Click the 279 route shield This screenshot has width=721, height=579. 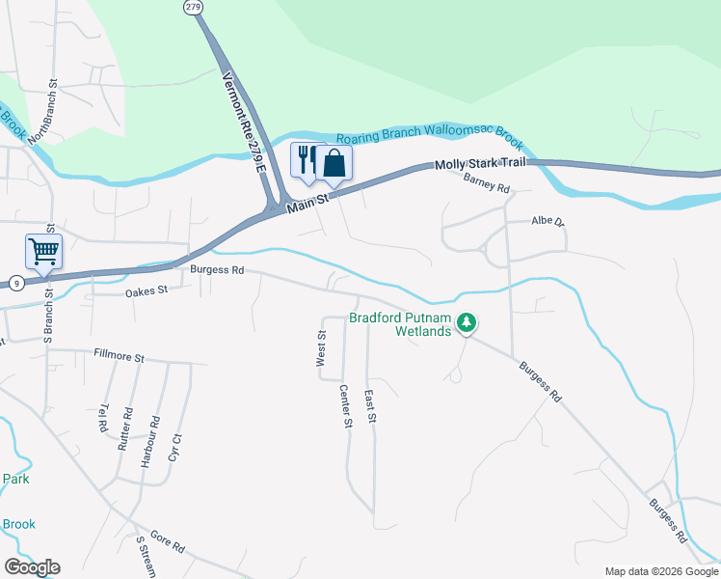(x=194, y=7)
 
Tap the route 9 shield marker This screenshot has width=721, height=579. (x=16, y=282)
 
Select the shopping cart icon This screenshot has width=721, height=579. (x=43, y=252)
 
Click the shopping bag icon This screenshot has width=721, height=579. (x=334, y=162)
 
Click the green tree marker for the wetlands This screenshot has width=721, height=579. (x=467, y=322)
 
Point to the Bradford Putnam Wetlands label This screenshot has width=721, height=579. (x=399, y=324)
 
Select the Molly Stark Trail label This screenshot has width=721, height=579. (x=479, y=164)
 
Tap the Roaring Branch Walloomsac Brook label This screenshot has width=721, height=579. (x=429, y=140)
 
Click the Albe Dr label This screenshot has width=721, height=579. (x=547, y=221)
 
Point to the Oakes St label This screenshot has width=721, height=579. (x=146, y=289)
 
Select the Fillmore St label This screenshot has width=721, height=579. (x=119, y=356)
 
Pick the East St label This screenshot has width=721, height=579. (x=369, y=405)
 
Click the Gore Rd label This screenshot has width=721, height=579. (x=166, y=546)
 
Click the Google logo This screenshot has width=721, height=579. (x=32, y=567)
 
